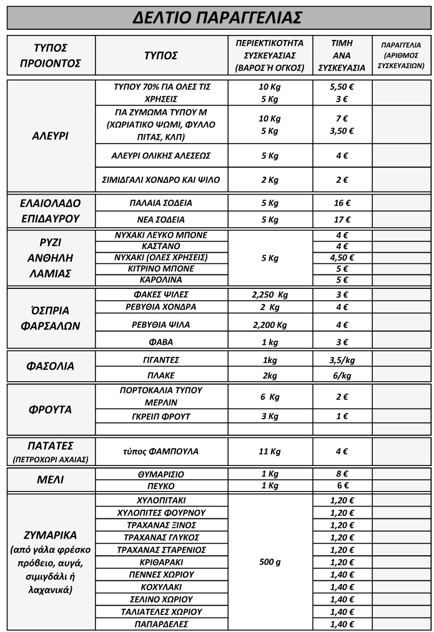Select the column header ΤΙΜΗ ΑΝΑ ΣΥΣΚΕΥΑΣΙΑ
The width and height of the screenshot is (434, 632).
tap(342, 56)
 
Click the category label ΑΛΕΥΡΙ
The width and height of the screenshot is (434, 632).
tap(50, 135)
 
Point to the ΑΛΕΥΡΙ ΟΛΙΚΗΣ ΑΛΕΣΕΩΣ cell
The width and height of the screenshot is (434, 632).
tap(161, 155)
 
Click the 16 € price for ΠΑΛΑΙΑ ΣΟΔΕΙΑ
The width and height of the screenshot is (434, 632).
tap(342, 203)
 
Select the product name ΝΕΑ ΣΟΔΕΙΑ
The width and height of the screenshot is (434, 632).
tap(161, 220)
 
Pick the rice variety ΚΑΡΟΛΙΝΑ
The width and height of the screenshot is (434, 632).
tap(161, 280)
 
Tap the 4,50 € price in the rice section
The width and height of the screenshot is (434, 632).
tap(342, 257)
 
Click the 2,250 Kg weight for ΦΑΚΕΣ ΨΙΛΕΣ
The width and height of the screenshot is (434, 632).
tap(270, 294)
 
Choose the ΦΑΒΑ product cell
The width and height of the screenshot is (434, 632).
tap(161, 342)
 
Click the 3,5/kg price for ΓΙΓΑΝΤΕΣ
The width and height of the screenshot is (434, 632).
tap(342, 360)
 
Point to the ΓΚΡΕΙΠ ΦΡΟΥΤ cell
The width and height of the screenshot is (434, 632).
tap(161, 416)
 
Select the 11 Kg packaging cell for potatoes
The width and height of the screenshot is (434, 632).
tap(270, 451)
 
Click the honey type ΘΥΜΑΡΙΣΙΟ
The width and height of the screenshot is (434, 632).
tap(161, 474)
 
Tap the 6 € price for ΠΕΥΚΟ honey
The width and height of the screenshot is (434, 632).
tap(342, 486)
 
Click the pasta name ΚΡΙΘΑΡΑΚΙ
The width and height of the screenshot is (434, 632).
tap(161, 562)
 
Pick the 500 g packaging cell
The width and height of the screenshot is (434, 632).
tap(270, 562)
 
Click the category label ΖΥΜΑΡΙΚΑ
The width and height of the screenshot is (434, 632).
tap(50, 535)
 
